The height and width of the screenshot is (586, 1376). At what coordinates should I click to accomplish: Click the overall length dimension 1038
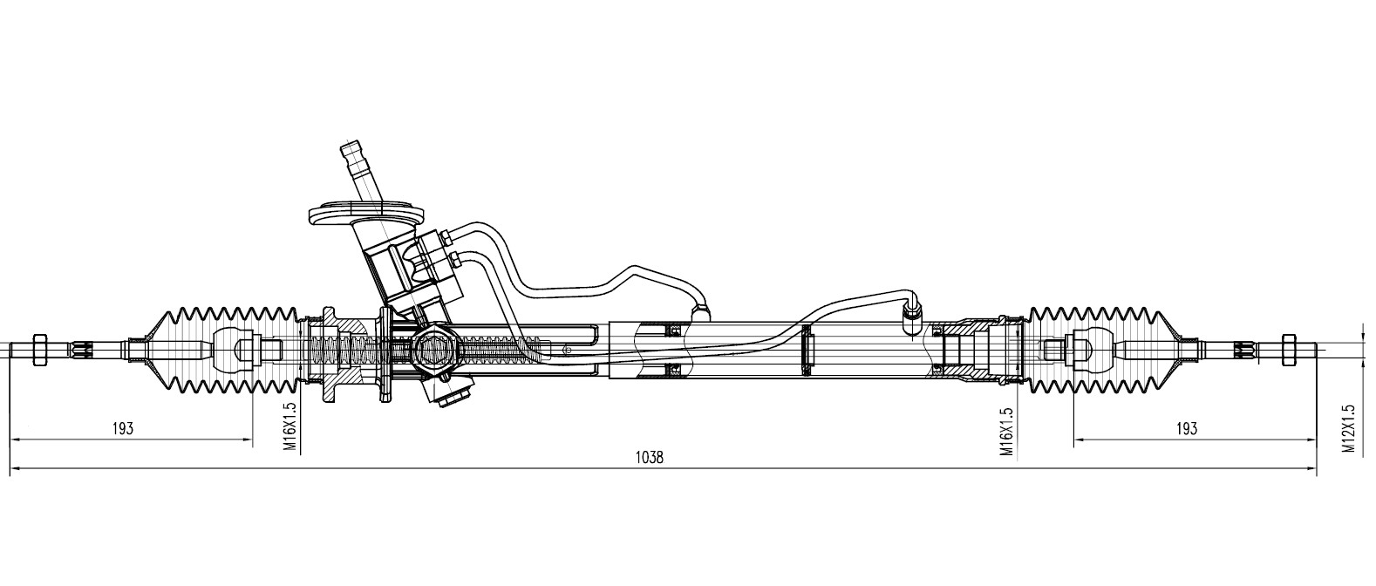pos(650,457)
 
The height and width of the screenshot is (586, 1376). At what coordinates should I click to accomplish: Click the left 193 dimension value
pos(123,428)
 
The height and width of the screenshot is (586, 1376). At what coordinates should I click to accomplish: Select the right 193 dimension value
pos(1186,428)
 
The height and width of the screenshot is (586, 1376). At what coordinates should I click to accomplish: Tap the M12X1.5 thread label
pos(1348,428)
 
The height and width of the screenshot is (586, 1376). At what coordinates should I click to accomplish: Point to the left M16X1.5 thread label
pos(290,427)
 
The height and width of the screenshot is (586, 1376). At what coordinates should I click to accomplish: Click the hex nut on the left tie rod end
pos(38,350)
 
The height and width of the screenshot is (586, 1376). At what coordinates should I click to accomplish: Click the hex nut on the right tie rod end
pos(1289,350)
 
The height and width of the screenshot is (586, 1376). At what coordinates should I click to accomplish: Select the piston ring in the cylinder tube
pos(807,350)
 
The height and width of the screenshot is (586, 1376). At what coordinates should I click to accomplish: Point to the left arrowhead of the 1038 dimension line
pos(13,468)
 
